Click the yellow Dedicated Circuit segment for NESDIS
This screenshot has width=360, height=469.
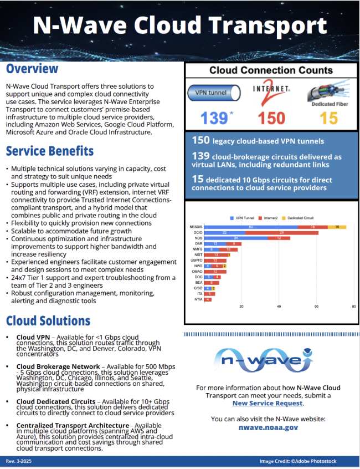(x=337, y=227)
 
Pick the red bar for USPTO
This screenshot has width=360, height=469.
(x=215, y=260)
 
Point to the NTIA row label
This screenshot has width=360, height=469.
(x=198, y=299)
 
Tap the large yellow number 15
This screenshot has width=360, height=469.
(x=328, y=118)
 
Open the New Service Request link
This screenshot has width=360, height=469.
(x=271, y=404)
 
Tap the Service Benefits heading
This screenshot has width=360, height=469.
(x=50, y=151)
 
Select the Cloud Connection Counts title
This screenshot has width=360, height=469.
(x=271, y=70)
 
